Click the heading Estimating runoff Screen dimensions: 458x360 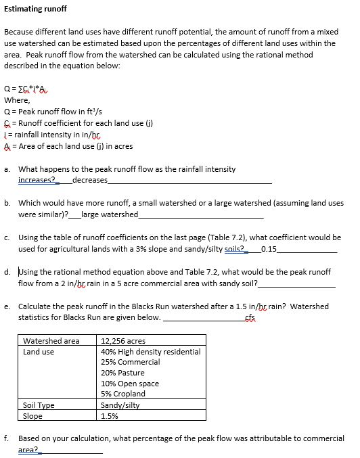[35, 10]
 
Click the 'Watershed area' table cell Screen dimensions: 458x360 [51, 340]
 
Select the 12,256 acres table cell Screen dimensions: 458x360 [123, 340]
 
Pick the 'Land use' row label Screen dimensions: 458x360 [39, 351]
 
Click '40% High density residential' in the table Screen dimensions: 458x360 [150, 351]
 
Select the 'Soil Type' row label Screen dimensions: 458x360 [39, 405]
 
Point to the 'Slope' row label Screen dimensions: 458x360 [33, 416]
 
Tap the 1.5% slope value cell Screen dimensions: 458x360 [110, 416]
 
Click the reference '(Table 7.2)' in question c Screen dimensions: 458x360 [189, 237]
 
